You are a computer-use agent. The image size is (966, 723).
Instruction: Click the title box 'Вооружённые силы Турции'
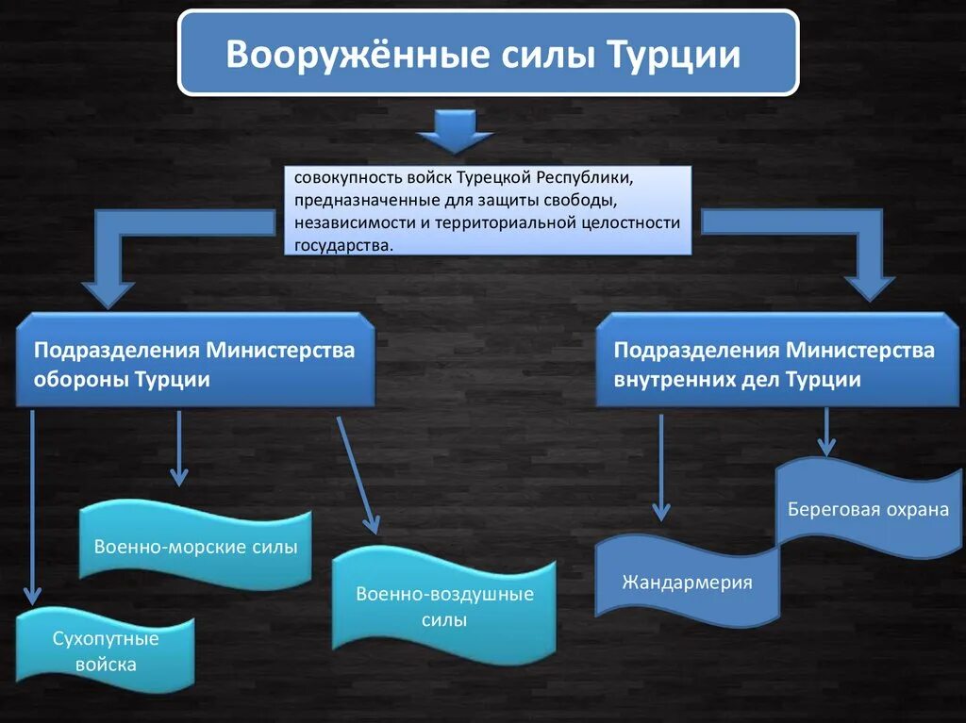[488, 53]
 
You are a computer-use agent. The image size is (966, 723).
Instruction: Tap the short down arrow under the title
[455, 131]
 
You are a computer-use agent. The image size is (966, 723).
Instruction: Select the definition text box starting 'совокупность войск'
[489, 210]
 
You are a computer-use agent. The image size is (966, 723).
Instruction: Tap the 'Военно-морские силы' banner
[195, 546]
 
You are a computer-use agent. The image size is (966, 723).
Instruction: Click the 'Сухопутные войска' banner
[106, 650]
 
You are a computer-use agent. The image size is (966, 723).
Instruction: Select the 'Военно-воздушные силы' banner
[444, 606]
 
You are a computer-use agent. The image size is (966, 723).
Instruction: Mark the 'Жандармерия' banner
[687, 582]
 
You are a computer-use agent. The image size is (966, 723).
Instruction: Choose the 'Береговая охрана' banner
[868, 509]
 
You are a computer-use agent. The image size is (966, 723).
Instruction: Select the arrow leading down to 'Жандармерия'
[661, 467]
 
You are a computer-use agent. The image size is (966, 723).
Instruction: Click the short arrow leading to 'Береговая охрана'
[826, 432]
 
